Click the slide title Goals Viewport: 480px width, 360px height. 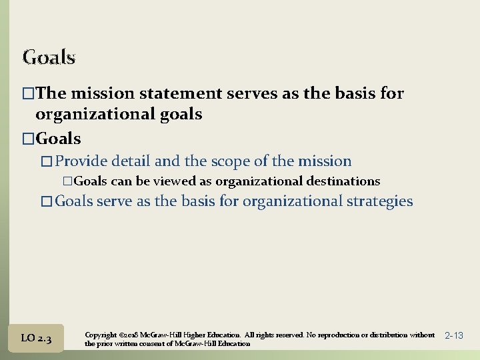click(49, 57)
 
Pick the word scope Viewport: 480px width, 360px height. click(232, 161)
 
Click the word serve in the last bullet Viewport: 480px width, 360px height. click(115, 201)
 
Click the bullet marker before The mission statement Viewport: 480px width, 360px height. click(28, 94)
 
